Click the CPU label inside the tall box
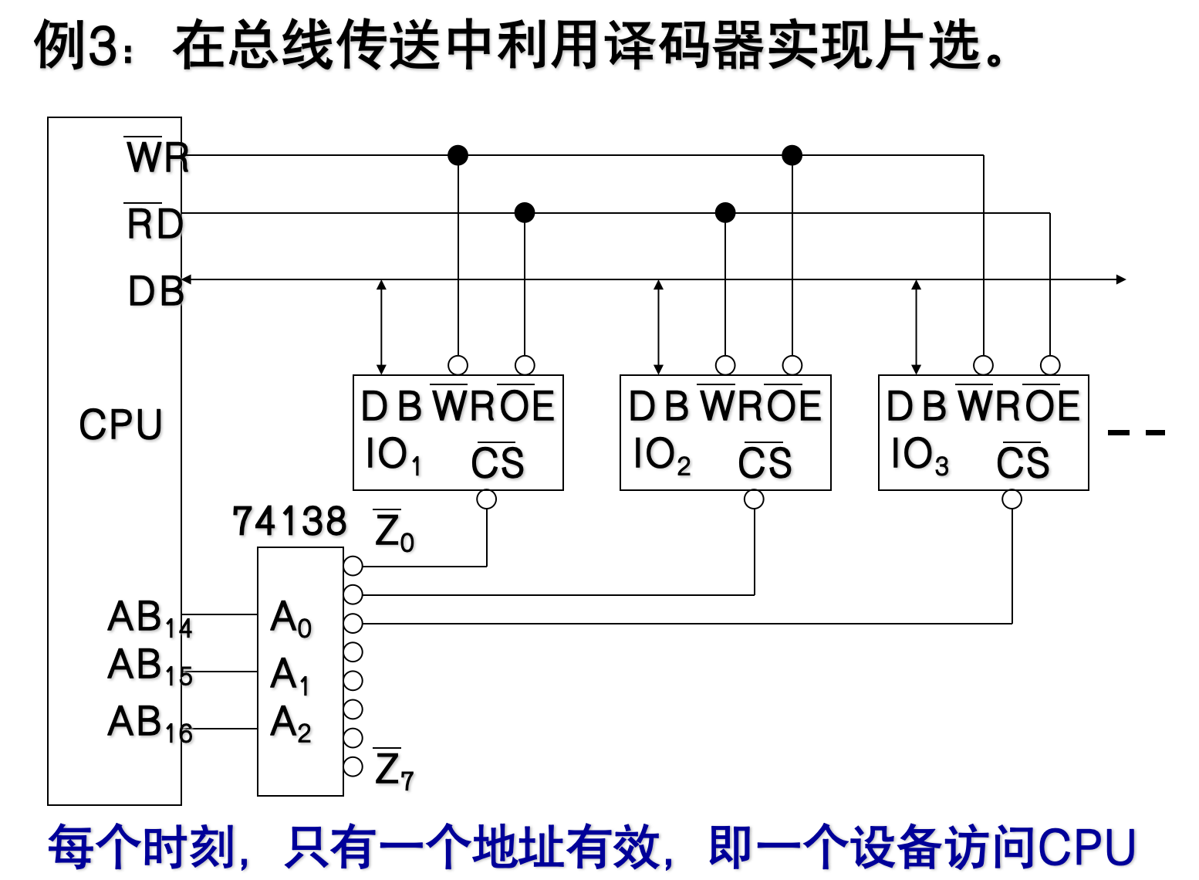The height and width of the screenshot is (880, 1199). [120, 425]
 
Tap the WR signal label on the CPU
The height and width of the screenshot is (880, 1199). [157, 157]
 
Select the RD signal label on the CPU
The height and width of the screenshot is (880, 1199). [155, 225]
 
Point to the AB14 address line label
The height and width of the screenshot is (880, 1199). [150, 619]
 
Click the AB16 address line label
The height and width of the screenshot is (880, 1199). [150, 724]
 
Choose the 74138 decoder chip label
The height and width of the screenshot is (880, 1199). [289, 522]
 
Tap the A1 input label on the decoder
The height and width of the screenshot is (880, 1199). [290, 675]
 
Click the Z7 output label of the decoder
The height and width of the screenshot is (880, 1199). [394, 770]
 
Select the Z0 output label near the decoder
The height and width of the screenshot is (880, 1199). [394, 532]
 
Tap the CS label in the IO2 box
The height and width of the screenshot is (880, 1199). [765, 463]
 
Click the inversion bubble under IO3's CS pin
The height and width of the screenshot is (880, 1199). [1012, 499]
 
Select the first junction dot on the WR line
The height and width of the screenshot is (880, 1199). [458, 155]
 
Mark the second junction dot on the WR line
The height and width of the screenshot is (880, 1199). [792, 155]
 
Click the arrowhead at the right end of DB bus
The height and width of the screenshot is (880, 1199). [1121, 279]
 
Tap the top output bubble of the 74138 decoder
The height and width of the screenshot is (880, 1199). [353, 566]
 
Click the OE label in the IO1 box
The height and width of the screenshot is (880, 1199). [526, 406]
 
